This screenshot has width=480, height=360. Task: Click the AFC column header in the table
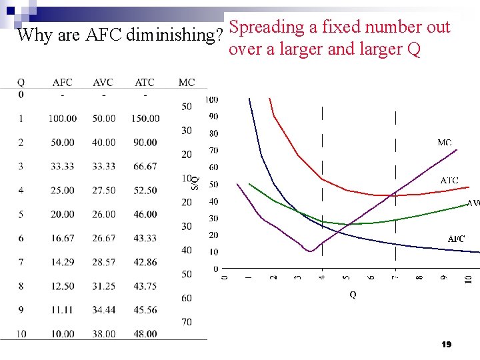tap(62, 83)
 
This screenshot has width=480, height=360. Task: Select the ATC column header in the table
tap(145, 83)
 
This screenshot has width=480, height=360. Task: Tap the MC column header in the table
tap(187, 83)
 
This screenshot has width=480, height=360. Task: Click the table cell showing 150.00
tap(145, 119)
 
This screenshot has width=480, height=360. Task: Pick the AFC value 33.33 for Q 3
tap(62, 167)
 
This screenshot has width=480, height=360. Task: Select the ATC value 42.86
tap(145, 263)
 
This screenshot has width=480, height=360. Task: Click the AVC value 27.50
tap(103, 191)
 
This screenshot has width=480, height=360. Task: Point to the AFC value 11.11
tap(62, 311)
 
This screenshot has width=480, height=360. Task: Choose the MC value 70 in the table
tap(187, 322)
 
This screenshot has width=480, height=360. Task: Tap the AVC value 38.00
tap(103, 334)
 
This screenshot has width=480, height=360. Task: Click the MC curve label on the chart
tap(445, 143)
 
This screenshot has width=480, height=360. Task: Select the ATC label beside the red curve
tap(449, 181)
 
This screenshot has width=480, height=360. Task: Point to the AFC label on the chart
tap(456, 239)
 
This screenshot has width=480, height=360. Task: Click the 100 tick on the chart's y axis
tap(211, 100)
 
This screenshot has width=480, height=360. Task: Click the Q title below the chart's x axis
tap(353, 295)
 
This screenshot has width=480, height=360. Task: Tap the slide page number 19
tap(447, 345)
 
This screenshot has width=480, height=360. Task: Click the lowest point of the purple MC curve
tap(309, 251)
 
